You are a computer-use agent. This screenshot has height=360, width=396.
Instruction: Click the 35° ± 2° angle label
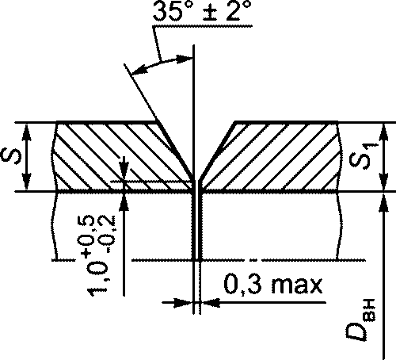(x=202, y=11)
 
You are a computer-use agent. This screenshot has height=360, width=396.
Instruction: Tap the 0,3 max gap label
(x=273, y=285)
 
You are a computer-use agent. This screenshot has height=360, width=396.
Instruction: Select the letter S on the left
(x=11, y=156)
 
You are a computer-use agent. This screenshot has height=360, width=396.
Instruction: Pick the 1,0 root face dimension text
(x=97, y=279)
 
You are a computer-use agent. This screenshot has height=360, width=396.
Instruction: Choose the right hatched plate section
(x=272, y=156)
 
